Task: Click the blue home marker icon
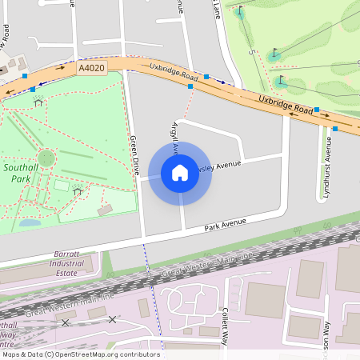[x=180, y=173]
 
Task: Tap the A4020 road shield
[x=90, y=70]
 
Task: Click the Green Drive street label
[x=134, y=155]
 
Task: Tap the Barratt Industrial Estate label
[x=66, y=262]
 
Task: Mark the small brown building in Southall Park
[x=105, y=210]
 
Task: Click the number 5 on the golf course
[x=250, y=52]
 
